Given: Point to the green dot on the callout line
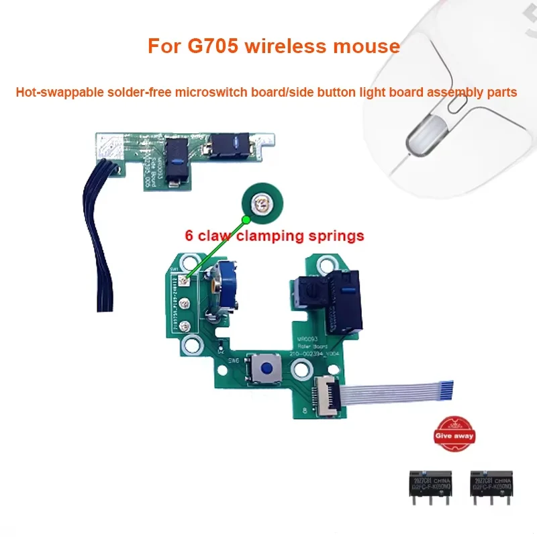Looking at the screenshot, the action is tap(247, 219).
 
